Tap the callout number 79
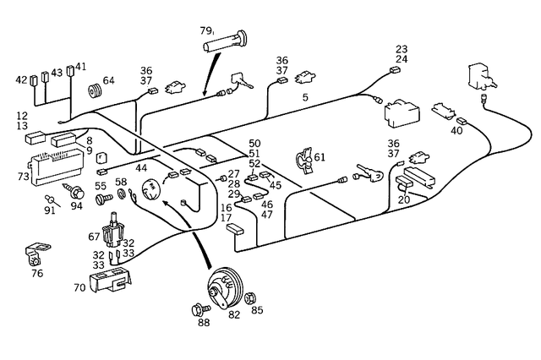point(206,31)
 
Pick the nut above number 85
point(251,296)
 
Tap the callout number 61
point(319,157)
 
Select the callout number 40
point(457,130)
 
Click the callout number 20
point(404,199)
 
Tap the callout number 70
point(79,287)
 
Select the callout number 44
point(141,169)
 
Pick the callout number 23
point(402,49)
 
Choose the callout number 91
point(51,210)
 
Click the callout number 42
point(21,79)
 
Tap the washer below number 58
point(122,196)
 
